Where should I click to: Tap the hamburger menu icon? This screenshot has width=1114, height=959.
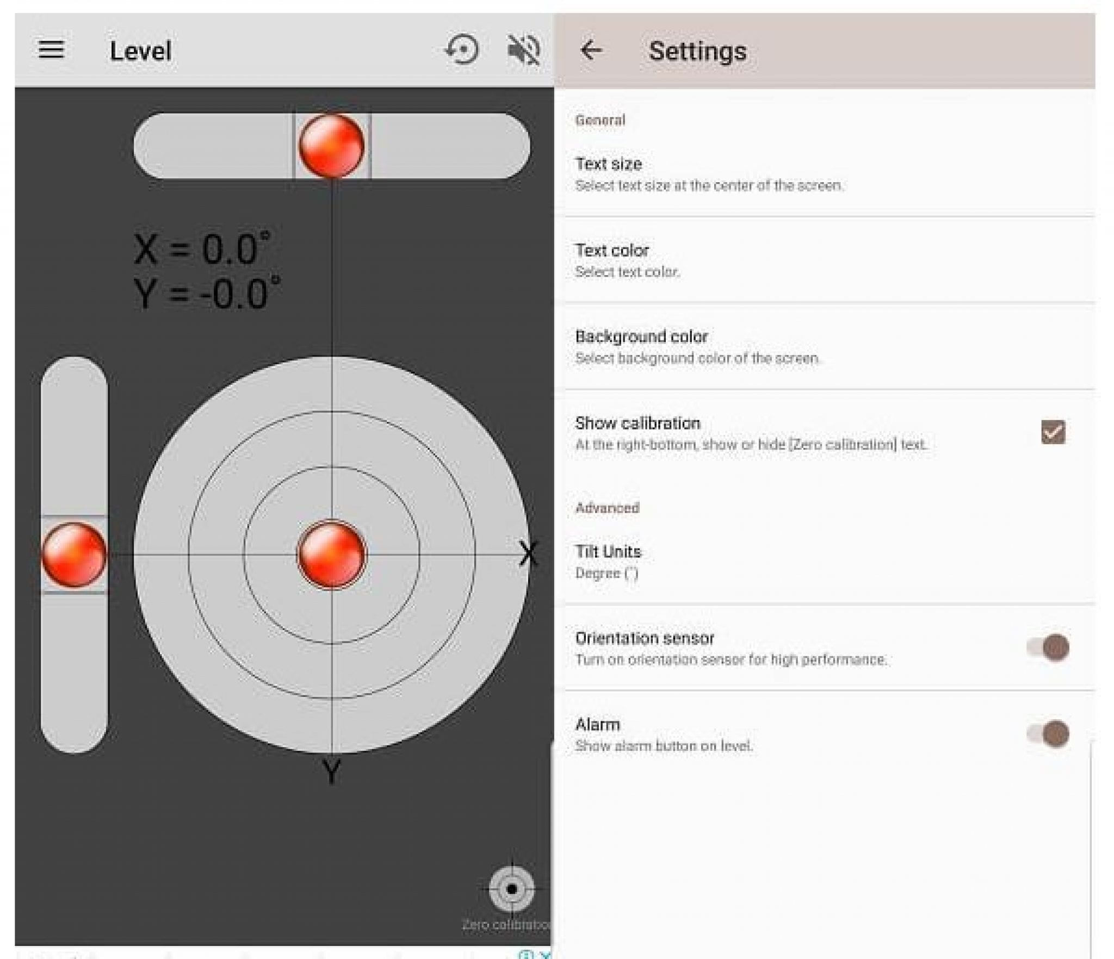[x=51, y=50]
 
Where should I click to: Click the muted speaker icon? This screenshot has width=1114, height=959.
[x=523, y=50]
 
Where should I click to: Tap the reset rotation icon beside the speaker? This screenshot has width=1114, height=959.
[x=462, y=50]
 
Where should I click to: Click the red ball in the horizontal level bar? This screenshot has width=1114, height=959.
[x=331, y=146]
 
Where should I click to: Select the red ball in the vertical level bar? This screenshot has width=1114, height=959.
[x=74, y=555]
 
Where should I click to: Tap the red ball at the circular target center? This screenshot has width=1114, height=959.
[x=331, y=555]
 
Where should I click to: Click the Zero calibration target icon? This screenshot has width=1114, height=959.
[x=511, y=889]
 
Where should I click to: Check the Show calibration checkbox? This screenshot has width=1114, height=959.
[x=1053, y=432]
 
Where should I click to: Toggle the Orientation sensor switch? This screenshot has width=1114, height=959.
[x=1048, y=647]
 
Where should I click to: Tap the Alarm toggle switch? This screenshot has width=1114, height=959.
[x=1048, y=734]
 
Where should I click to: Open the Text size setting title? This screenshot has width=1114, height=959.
[x=609, y=164]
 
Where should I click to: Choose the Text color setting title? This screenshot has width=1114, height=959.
[x=612, y=250]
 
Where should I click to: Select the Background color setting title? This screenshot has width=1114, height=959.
[x=641, y=337]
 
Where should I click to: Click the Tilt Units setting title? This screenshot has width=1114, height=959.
[x=608, y=551]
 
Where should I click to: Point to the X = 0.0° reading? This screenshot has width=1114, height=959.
[x=202, y=249]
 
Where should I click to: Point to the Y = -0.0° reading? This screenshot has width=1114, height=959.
[x=207, y=294]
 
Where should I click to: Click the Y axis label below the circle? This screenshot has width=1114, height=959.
[x=331, y=771]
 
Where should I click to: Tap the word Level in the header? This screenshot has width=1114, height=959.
[x=140, y=51]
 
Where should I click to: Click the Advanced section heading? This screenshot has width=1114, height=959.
[x=607, y=508]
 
